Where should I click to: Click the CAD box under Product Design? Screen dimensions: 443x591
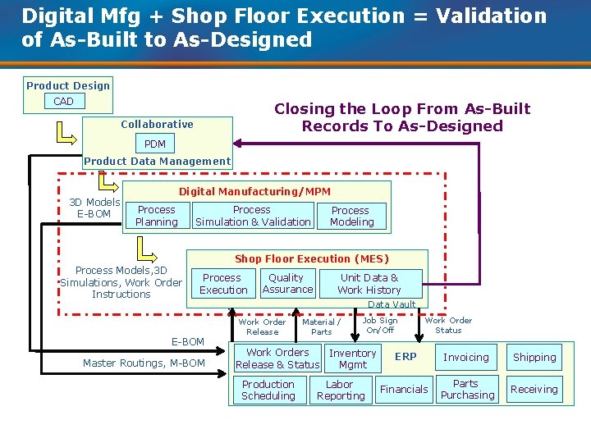point(63,102)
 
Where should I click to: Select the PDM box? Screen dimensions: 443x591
point(154,144)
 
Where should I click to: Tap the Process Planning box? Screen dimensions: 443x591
point(156,216)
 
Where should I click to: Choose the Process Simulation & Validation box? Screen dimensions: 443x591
point(253,216)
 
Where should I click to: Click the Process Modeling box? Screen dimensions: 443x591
point(351,216)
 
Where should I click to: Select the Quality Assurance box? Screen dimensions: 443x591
point(286,283)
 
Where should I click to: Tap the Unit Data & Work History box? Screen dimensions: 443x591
point(369,284)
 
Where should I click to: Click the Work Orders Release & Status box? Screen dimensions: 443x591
point(277,359)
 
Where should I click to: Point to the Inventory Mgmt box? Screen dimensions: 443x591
point(353,359)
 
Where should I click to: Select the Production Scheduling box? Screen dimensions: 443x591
point(268,390)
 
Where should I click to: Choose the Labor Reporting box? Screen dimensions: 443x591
point(341,390)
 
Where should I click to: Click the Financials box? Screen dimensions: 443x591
point(404,390)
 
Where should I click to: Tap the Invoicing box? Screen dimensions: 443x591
point(466,358)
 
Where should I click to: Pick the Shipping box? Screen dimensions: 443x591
point(534,358)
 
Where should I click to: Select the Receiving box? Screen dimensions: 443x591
point(534,390)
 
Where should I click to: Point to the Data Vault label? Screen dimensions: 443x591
point(392,304)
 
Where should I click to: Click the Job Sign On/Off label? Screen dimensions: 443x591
point(380,326)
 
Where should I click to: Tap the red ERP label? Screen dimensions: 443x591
point(405,357)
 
